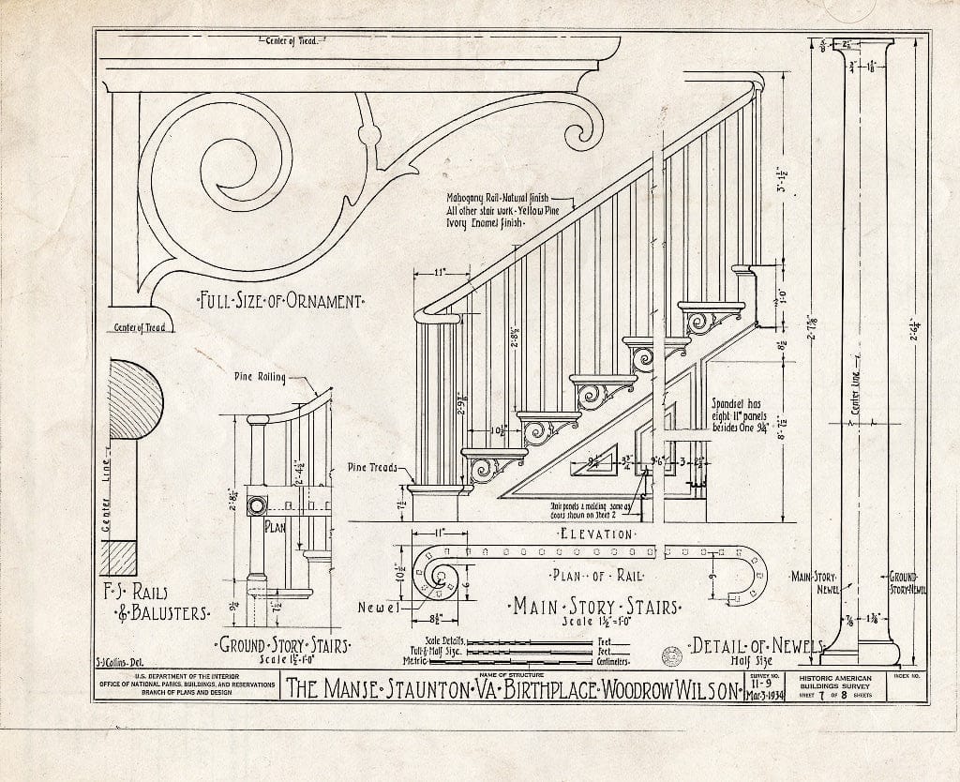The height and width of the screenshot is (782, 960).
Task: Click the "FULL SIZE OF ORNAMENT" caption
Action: pyautogui.click(x=279, y=302)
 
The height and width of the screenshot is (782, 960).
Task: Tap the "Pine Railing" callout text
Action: pyautogui.click(x=260, y=376)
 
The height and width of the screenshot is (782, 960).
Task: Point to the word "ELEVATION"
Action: pyautogui.click(x=595, y=534)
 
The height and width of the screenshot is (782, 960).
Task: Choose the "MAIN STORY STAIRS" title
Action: pyautogui.click(x=595, y=607)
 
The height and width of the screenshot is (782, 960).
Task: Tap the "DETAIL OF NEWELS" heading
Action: pyautogui.click(x=755, y=646)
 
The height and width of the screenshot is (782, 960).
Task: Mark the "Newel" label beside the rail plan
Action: pyautogui.click(x=380, y=608)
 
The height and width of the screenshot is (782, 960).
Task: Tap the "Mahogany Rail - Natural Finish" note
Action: pyautogui.click(x=496, y=200)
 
